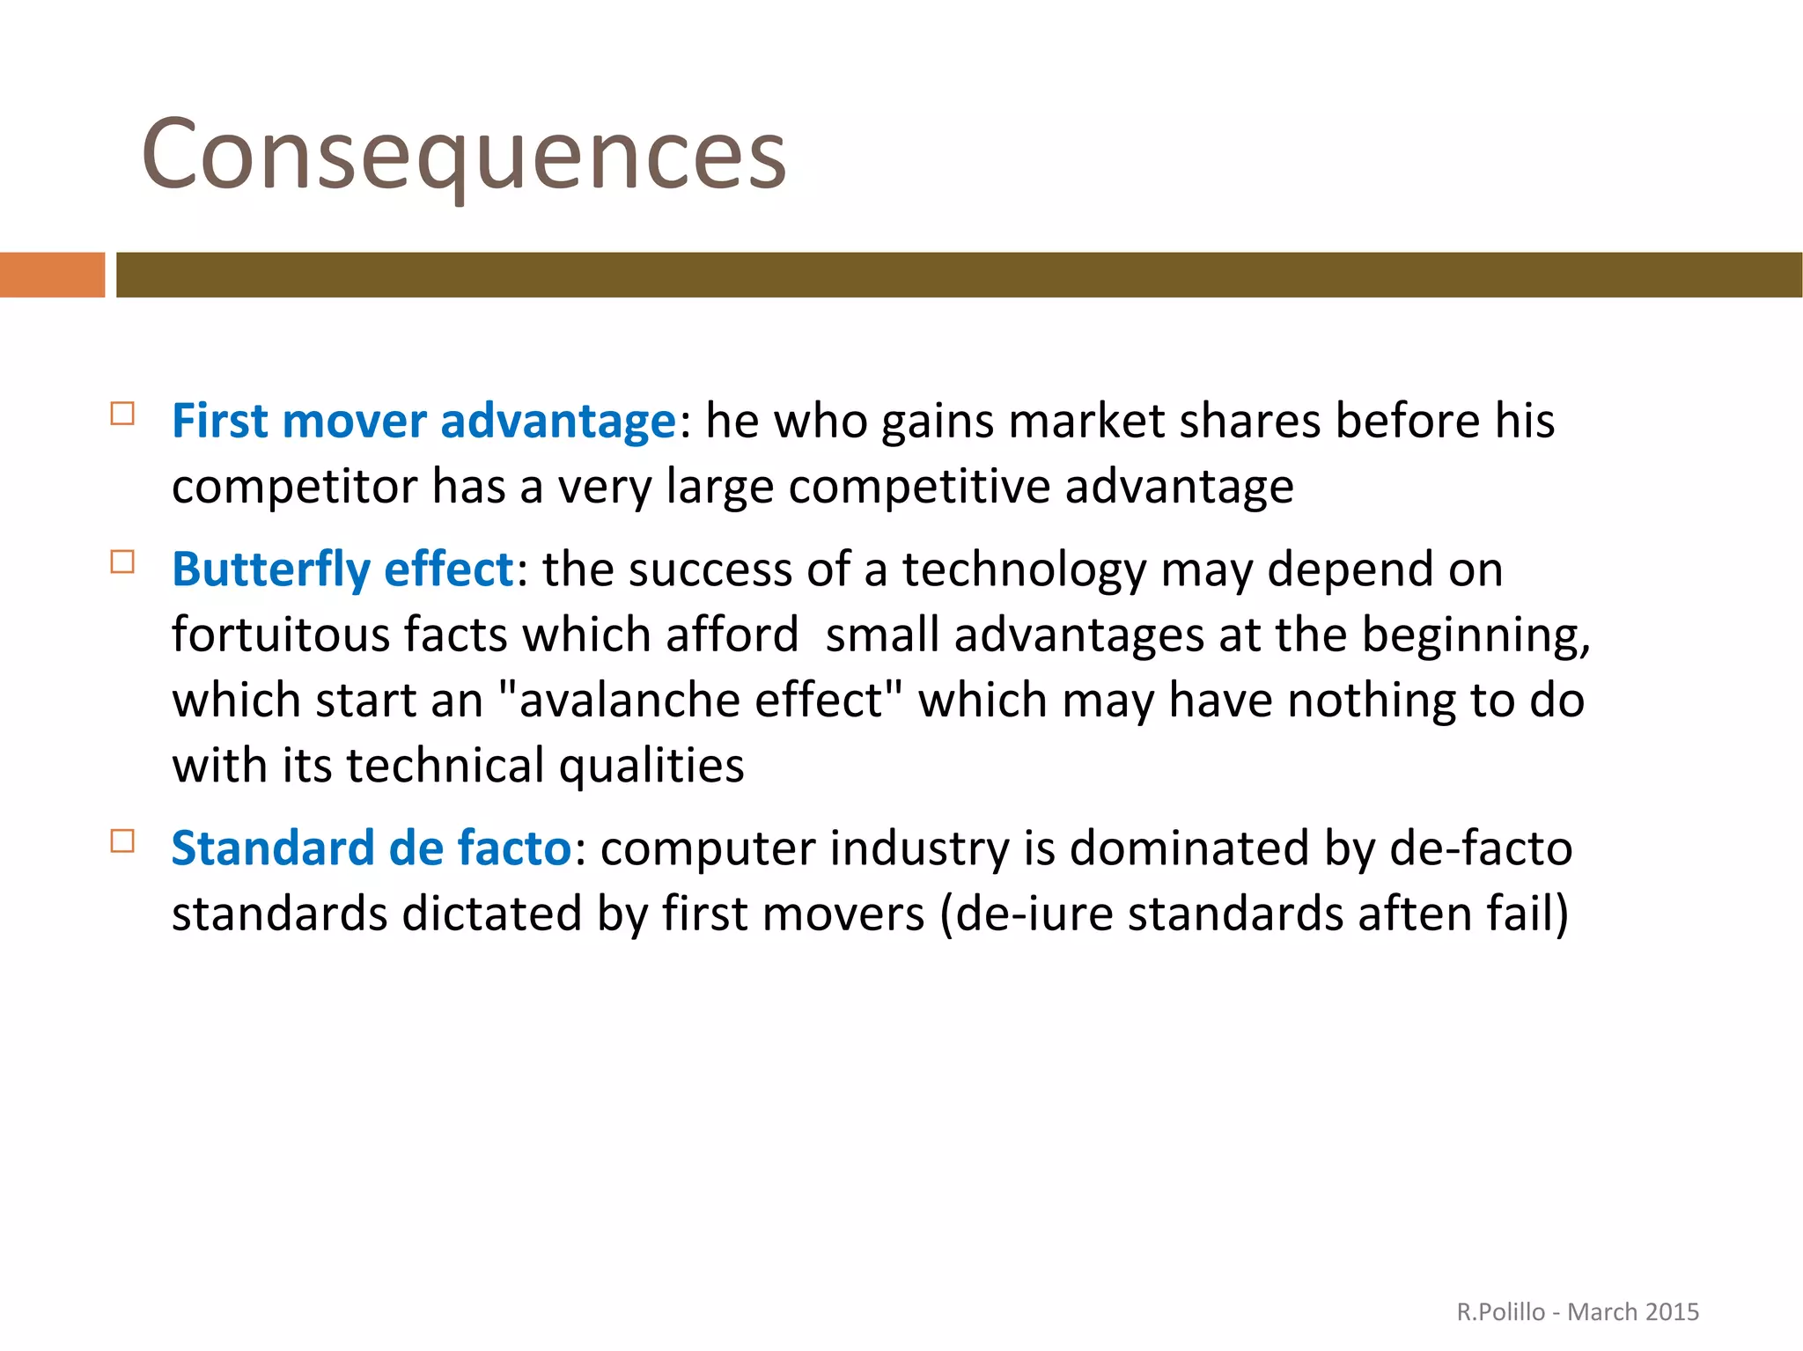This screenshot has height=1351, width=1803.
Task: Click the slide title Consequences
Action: pyautogui.click(x=463, y=155)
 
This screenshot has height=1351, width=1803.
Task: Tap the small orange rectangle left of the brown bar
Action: pyautogui.click(x=52, y=275)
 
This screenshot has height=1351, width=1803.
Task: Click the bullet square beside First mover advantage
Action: pyautogui.click(x=122, y=414)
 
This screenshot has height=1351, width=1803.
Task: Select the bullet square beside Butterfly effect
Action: pyautogui.click(x=122, y=562)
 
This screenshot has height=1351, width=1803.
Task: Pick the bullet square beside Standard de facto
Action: pyautogui.click(x=122, y=841)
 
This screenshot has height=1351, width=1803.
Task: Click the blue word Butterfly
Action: pyautogui.click(x=270, y=569)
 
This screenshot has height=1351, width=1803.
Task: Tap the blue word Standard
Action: pyautogui.click(x=272, y=848)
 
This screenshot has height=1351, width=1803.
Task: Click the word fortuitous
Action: pyautogui.click(x=279, y=635)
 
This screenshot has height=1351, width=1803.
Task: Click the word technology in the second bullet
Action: pyautogui.click(x=1024, y=569)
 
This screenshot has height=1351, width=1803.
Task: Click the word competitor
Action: pyautogui.click(x=294, y=487)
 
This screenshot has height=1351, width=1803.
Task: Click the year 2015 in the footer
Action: pyautogui.click(x=1670, y=1312)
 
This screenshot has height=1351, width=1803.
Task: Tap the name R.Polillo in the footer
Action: pyautogui.click(x=1500, y=1312)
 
